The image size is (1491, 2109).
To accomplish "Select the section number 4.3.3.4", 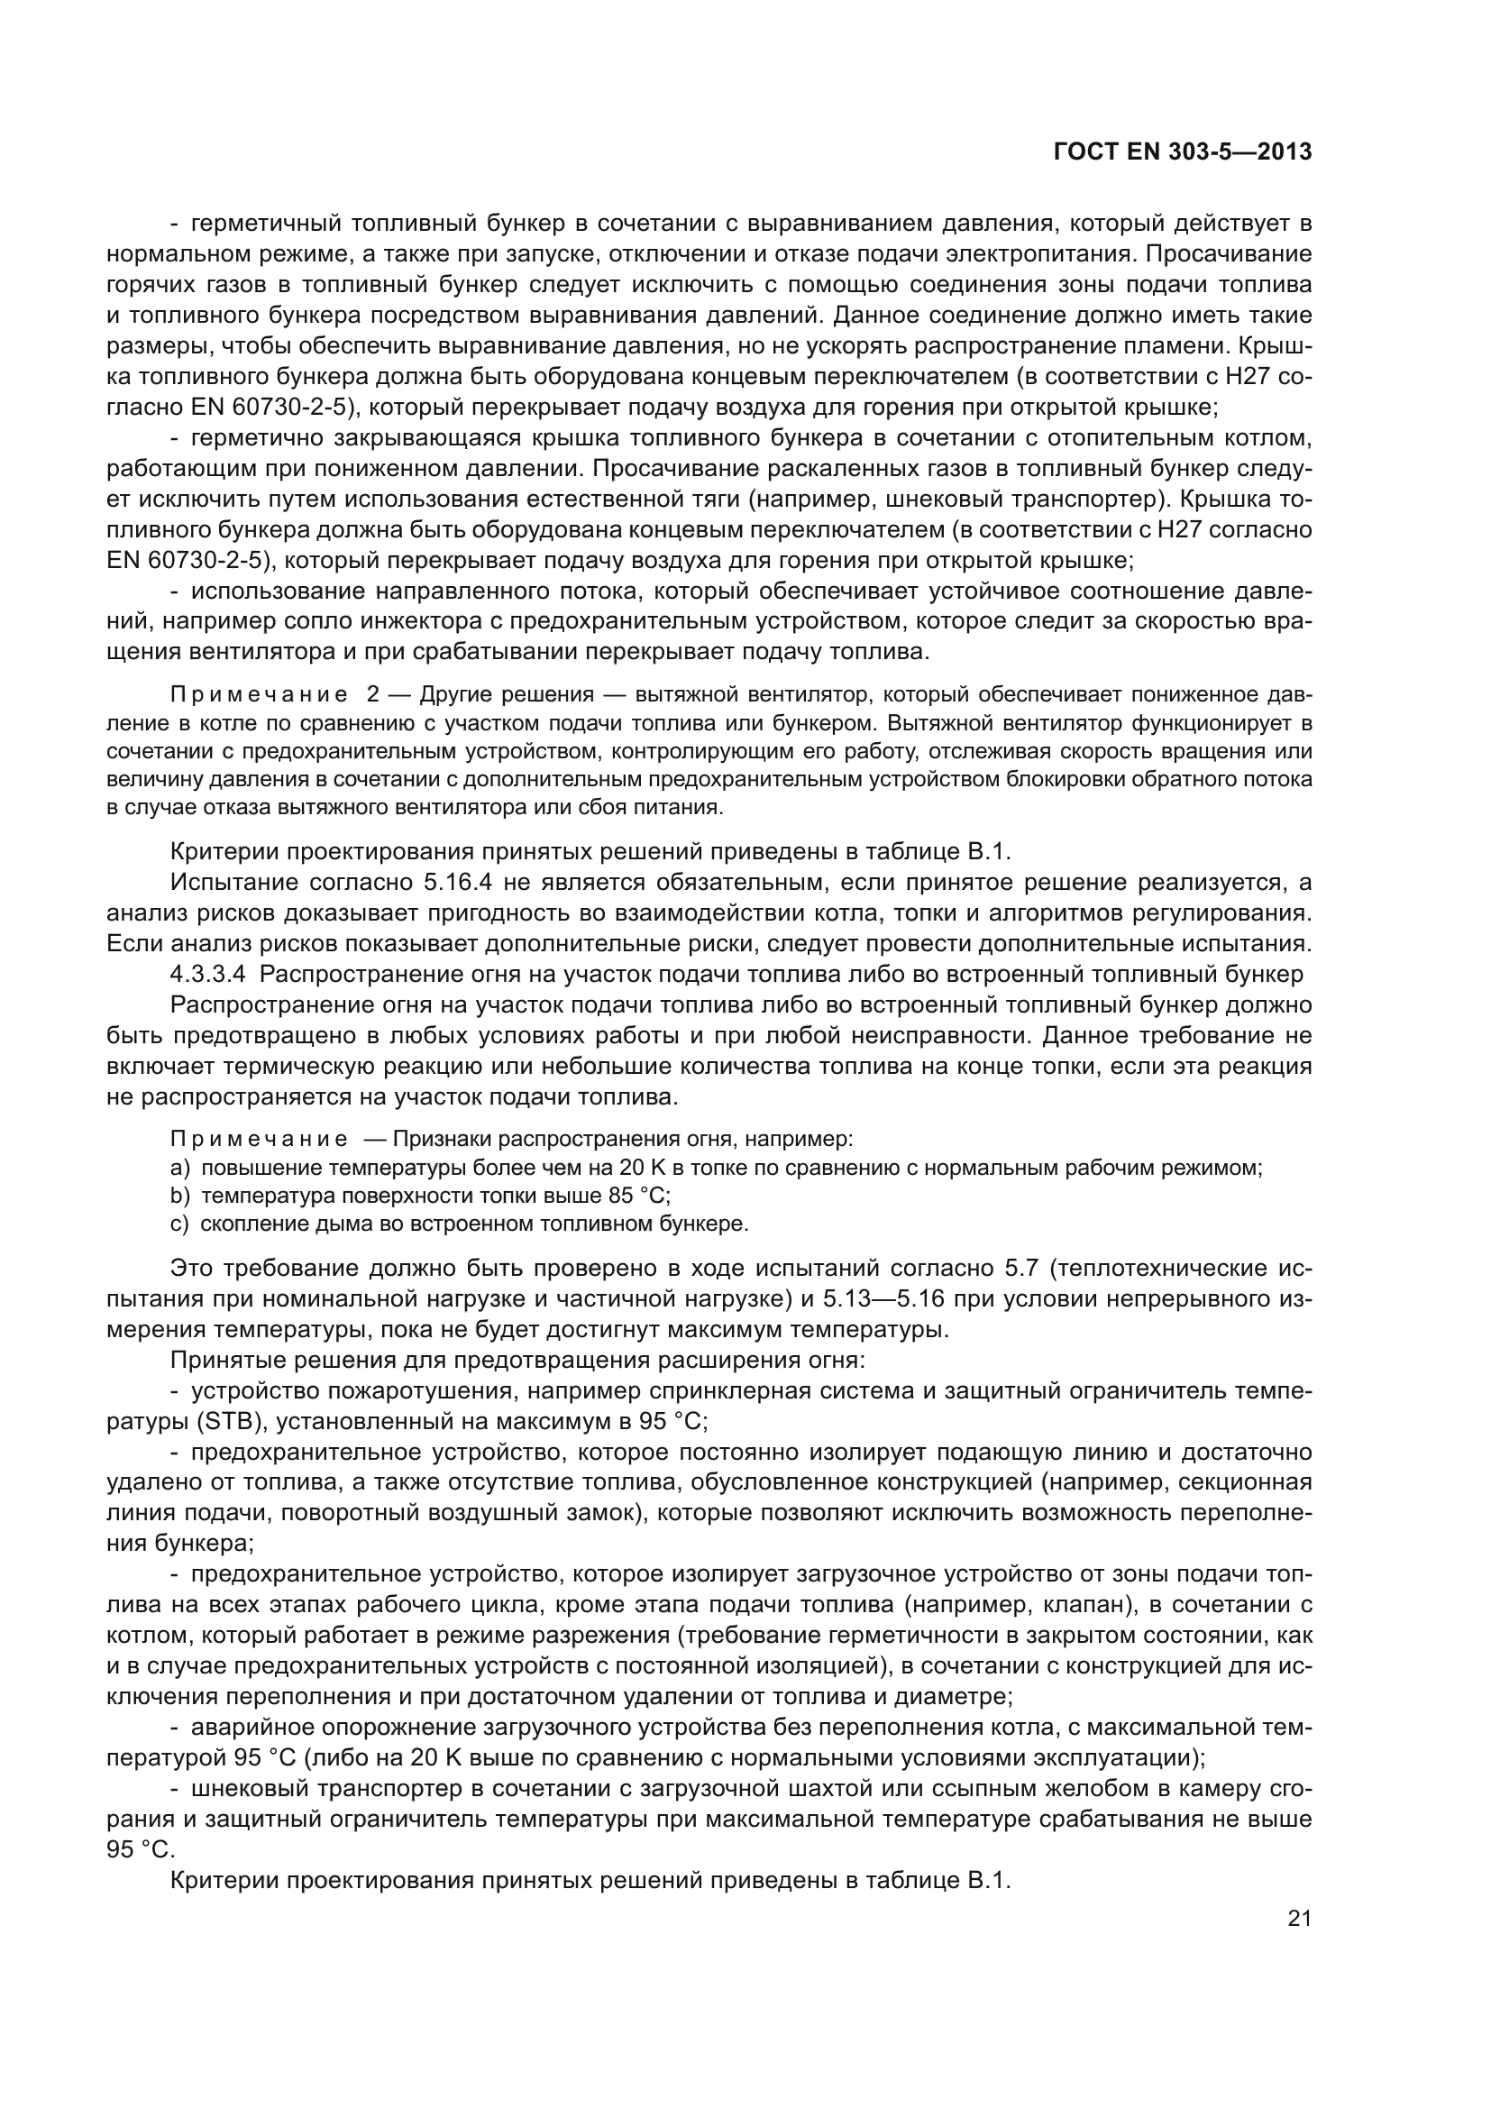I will [207, 974].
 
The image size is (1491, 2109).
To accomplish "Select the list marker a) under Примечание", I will [180, 1169].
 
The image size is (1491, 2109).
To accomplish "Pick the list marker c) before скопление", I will [180, 1224].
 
